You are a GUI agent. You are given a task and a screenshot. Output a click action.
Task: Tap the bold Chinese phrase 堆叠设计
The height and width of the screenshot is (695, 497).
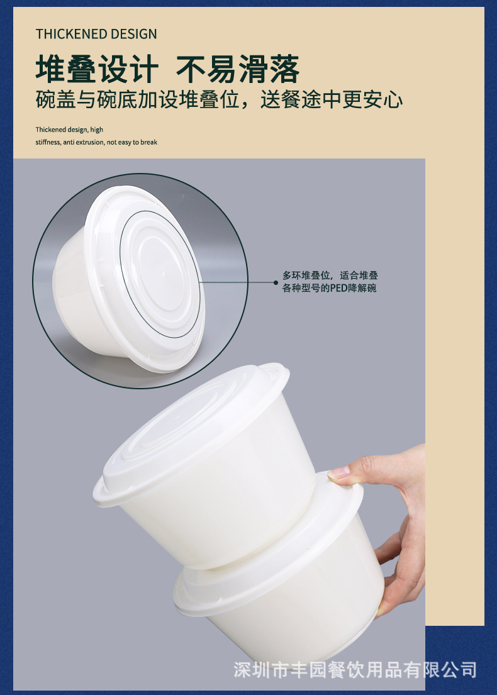tap(97, 69)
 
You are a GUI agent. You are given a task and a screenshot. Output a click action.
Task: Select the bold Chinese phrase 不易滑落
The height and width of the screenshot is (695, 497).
tap(238, 69)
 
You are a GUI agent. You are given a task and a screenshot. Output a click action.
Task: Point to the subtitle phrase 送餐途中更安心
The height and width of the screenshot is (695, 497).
tap(332, 100)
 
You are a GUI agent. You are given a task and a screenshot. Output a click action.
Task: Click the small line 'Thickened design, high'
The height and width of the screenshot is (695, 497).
tap(69, 130)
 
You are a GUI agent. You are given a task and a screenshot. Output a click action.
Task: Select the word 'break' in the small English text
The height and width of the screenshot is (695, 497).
tap(149, 142)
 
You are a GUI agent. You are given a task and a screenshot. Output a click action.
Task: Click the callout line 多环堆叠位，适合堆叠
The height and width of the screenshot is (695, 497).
tap(330, 275)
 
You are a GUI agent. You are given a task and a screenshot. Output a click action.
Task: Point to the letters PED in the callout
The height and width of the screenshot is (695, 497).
tap(339, 288)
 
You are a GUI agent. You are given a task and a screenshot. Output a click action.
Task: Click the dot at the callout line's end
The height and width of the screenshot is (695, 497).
tap(276, 282)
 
